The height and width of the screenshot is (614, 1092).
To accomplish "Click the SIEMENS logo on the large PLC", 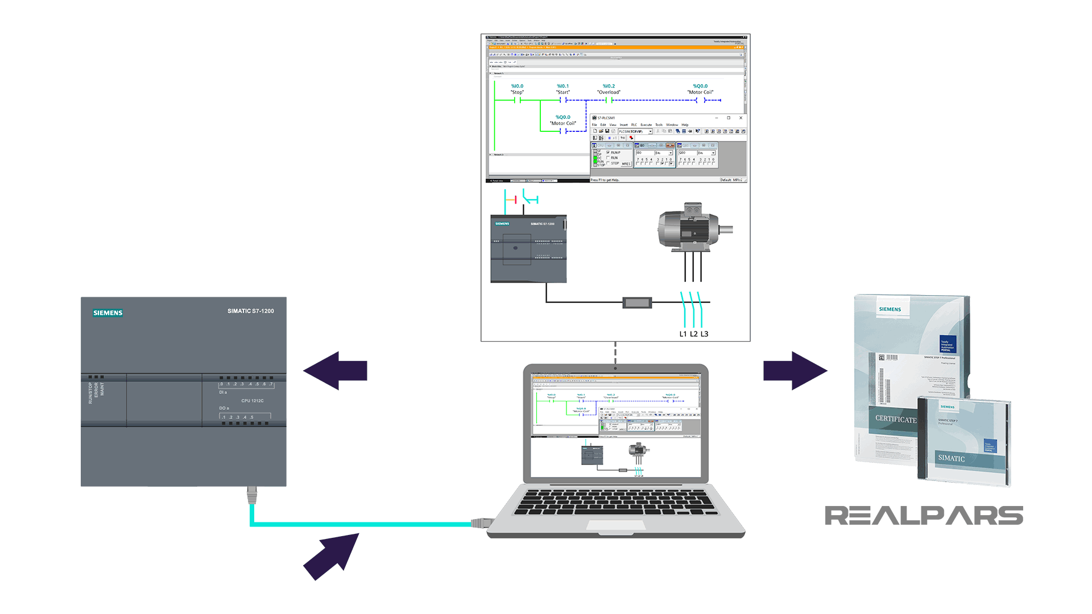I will [107, 313].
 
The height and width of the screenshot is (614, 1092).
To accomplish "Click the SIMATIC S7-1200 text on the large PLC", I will [250, 311].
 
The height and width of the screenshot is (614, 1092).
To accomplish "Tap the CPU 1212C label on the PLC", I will [252, 401].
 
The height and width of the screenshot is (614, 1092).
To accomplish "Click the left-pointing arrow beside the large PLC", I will [336, 371].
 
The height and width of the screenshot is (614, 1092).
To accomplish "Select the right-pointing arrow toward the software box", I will [795, 371].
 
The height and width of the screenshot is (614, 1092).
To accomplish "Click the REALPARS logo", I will [924, 516].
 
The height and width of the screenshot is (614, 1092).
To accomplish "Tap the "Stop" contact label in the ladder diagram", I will [517, 92].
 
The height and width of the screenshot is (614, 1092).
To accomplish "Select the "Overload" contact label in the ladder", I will [609, 92].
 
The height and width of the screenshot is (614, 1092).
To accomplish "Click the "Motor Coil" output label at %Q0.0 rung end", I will [700, 92].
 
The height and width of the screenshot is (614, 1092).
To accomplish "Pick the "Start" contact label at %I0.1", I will [562, 92].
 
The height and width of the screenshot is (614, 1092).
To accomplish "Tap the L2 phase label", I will [693, 334].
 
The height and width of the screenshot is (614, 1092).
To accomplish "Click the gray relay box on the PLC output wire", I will [637, 302].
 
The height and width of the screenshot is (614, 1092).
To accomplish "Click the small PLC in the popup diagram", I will [528, 249].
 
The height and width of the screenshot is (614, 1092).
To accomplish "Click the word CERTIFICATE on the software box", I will [895, 419].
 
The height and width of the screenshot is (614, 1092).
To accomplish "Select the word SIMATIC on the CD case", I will [951, 458].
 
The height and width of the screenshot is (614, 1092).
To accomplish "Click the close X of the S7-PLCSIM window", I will [741, 118].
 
